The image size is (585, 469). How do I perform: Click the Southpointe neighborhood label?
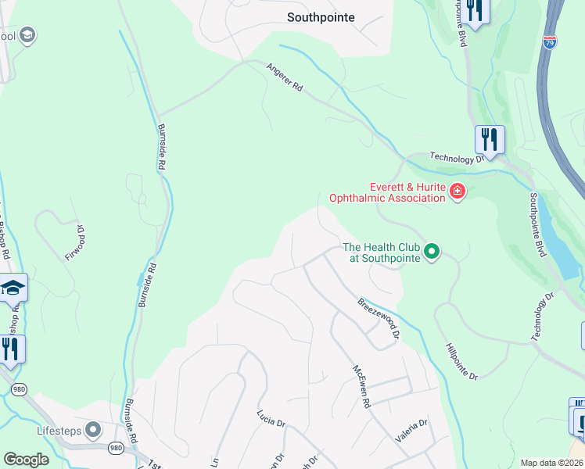pyautogui.click(x=321, y=16)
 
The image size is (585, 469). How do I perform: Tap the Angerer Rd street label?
pyautogui.click(x=285, y=78)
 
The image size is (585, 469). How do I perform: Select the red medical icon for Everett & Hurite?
pyautogui.click(x=457, y=192)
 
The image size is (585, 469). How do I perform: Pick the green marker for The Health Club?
pyautogui.click(x=431, y=252)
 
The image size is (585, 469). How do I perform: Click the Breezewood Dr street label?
pyautogui.click(x=380, y=318)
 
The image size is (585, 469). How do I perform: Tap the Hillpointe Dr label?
pyautogui.click(x=461, y=361)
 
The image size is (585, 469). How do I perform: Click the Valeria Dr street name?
pyautogui.click(x=411, y=431)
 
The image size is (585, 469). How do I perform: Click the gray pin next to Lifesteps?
pyautogui.click(x=94, y=430)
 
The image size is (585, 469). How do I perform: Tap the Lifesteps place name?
pyautogui.click(x=59, y=430)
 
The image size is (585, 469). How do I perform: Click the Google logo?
pyautogui.click(x=26, y=460)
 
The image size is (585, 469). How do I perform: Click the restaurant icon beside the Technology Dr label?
pyautogui.click(x=490, y=139)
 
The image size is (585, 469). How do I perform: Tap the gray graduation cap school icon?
pyautogui.click(x=28, y=35)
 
